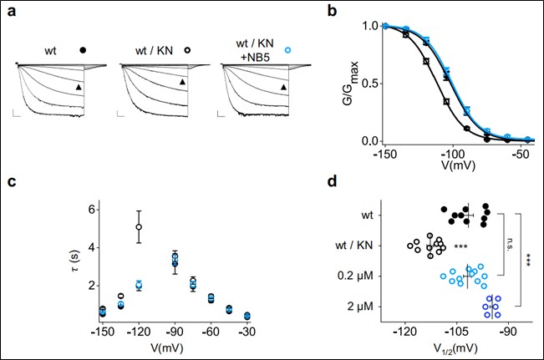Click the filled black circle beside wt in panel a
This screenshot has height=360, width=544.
click(83, 51)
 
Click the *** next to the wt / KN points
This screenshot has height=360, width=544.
click(460, 247)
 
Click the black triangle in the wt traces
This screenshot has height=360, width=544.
click(77, 87)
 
